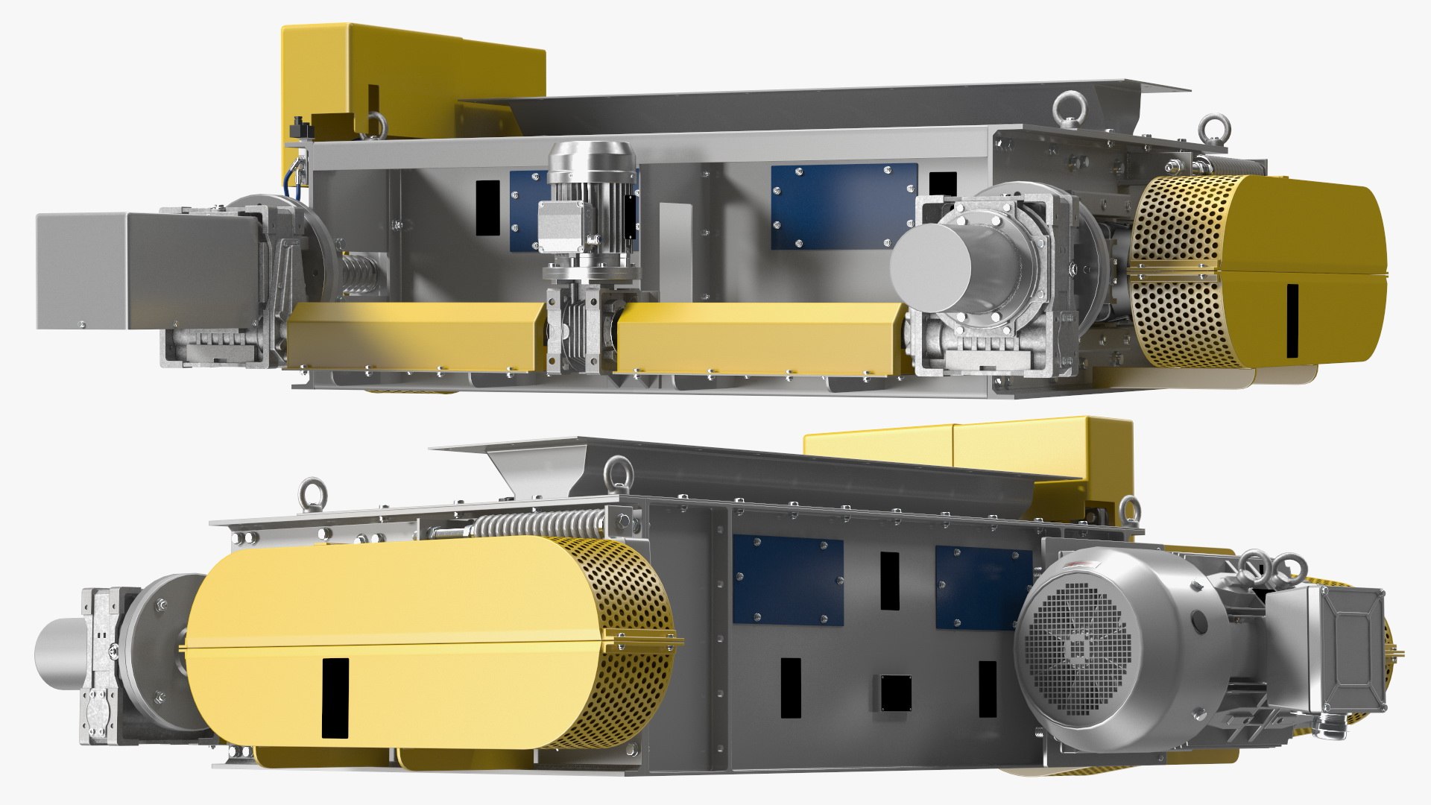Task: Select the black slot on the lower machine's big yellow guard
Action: (335, 698)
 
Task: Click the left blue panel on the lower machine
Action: (788, 579)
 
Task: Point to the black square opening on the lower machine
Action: (895, 693)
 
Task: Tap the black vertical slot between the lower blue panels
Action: (889, 581)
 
